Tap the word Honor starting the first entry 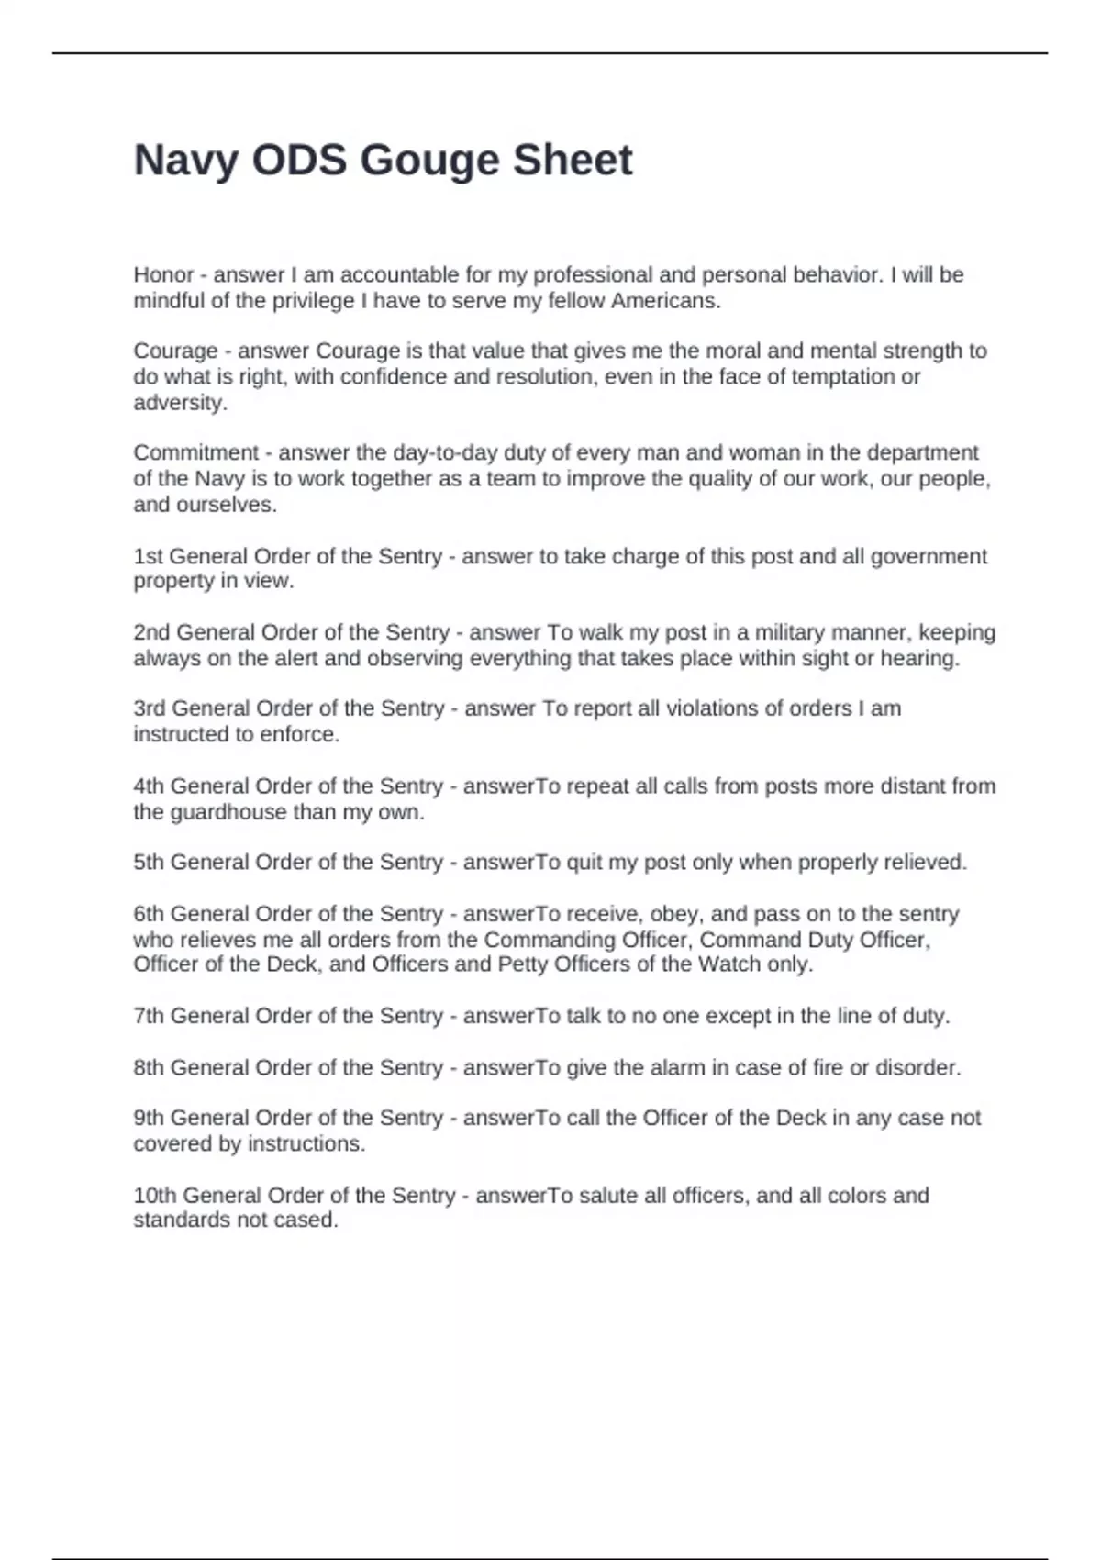[x=163, y=275]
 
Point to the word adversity [x=180, y=403]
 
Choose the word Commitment [x=196, y=453]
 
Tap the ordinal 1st [x=148, y=557]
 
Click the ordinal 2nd [x=151, y=633]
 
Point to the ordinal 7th [x=149, y=1017]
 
